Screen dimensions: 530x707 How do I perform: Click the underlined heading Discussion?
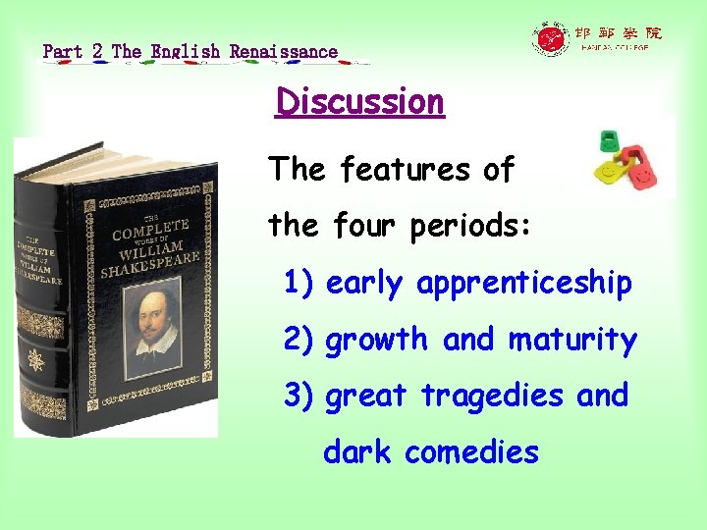(x=359, y=102)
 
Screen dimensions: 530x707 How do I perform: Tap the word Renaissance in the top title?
(x=284, y=51)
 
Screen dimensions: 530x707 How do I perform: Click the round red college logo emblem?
(x=550, y=39)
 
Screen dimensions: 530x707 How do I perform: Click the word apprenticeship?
(x=523, y=284)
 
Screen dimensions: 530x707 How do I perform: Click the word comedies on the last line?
(x=471, y=451)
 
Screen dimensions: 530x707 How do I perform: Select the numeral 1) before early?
(x=299, y=284)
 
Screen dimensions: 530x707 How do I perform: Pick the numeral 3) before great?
(x=299, y=396)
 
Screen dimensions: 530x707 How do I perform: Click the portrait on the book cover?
(x=153, y=320)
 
